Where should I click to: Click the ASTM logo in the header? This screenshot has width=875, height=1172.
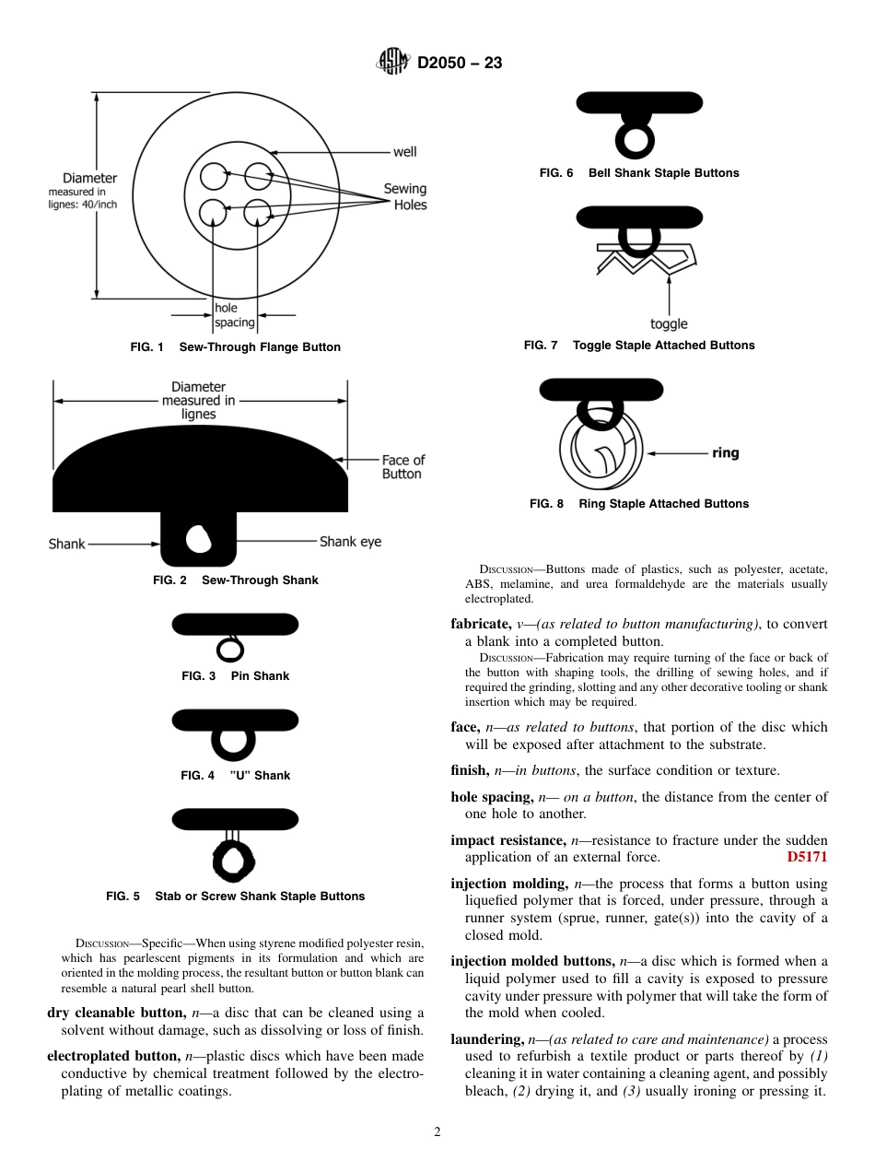click(x=393, y=63)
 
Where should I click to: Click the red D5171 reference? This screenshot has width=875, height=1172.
click(x=807, y=857)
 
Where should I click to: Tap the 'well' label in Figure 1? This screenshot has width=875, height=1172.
click(x=404, y=152)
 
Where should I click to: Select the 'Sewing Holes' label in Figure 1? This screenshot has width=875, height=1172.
click(x=405, y=196)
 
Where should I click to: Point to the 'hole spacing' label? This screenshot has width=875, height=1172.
click(x=234, y=315)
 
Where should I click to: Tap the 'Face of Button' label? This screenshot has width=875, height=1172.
click(x=402, y=467)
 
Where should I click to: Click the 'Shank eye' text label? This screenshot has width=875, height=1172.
click(x=350, y=542)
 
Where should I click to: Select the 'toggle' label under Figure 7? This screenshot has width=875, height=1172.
click(x=669, y=324)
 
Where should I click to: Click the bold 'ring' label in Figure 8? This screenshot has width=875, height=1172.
click(x=725, y=453)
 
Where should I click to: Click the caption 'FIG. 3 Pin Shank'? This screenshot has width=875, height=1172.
click(x=235, y=676)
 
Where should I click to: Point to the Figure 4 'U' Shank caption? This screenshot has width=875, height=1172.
click(x=235, y=776)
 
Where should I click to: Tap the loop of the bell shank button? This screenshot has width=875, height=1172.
click(x=635, y=138)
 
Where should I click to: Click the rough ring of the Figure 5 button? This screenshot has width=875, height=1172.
click(x=234, y=861)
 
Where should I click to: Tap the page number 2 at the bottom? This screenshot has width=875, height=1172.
click(x=437, y=1132)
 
